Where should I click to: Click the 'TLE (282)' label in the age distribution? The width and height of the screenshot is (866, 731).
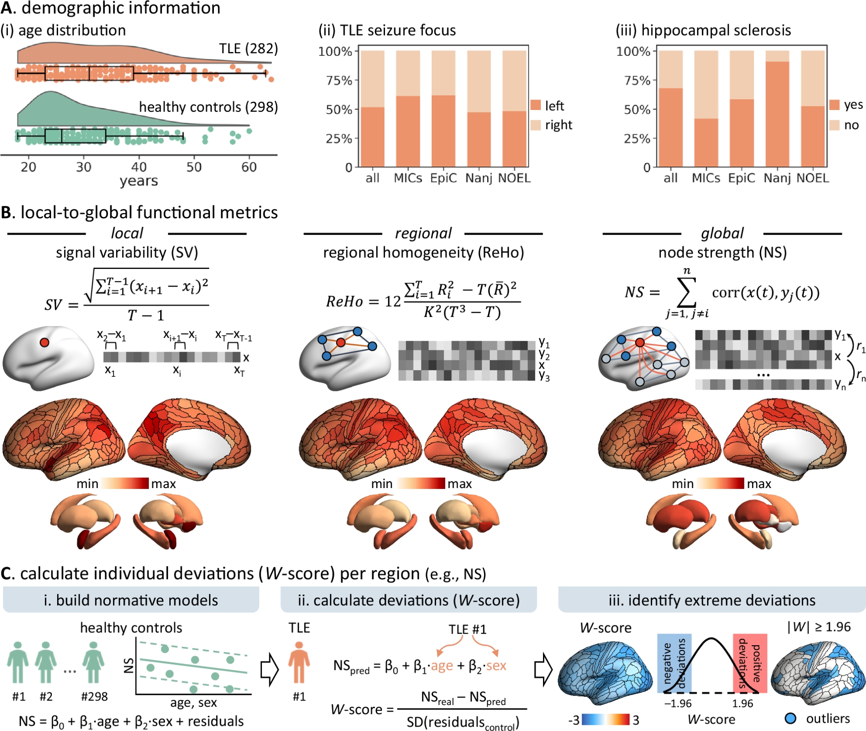pos(248,49)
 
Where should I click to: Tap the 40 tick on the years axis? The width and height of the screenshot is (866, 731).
pos(139,167)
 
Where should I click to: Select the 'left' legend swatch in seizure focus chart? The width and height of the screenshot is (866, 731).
pos(536,105)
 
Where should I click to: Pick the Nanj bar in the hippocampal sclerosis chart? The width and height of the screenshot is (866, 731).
pos(777,113)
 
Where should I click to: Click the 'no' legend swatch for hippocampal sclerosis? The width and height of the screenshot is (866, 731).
pos(834,125)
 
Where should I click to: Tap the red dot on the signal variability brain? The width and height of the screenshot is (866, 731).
pos(44,343)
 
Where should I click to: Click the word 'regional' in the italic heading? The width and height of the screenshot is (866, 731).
pos(423,233)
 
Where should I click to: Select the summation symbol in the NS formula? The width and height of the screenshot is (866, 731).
pos(687,292)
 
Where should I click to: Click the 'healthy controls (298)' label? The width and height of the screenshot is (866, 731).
pos(208,107)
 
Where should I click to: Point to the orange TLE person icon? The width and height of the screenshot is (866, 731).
pos(299,662)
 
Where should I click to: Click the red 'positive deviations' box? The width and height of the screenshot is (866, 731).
pos(750,663)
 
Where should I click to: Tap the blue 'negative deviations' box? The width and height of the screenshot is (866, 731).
pos(674,663)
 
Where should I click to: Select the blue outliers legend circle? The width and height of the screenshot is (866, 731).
pos(790,719)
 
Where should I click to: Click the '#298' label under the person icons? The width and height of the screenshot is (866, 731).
pos(94,696)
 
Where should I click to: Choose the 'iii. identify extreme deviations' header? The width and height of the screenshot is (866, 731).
pos(711,600)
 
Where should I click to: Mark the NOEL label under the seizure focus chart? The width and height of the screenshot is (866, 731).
pos(514,178)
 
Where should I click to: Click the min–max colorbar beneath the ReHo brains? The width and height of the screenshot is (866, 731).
pos(420,483)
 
